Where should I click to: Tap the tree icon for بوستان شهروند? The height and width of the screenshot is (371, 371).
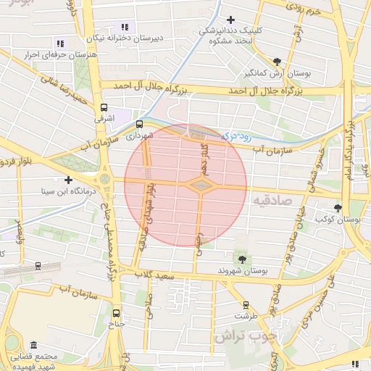click(x=241, y=259)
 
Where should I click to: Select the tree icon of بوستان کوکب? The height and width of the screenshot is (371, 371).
click(x=338, y=208)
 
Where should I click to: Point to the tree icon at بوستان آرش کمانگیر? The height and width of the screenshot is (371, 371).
click(x=278, y=62)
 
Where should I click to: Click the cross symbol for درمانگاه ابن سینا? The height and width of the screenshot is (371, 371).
click(x=68, y=180)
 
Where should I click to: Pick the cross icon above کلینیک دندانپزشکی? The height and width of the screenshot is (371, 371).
click(x=230, y=20)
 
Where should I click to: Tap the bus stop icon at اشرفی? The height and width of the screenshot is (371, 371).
click(x=99, y=105)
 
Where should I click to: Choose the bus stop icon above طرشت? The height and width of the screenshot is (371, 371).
click(x=246, y=305)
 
